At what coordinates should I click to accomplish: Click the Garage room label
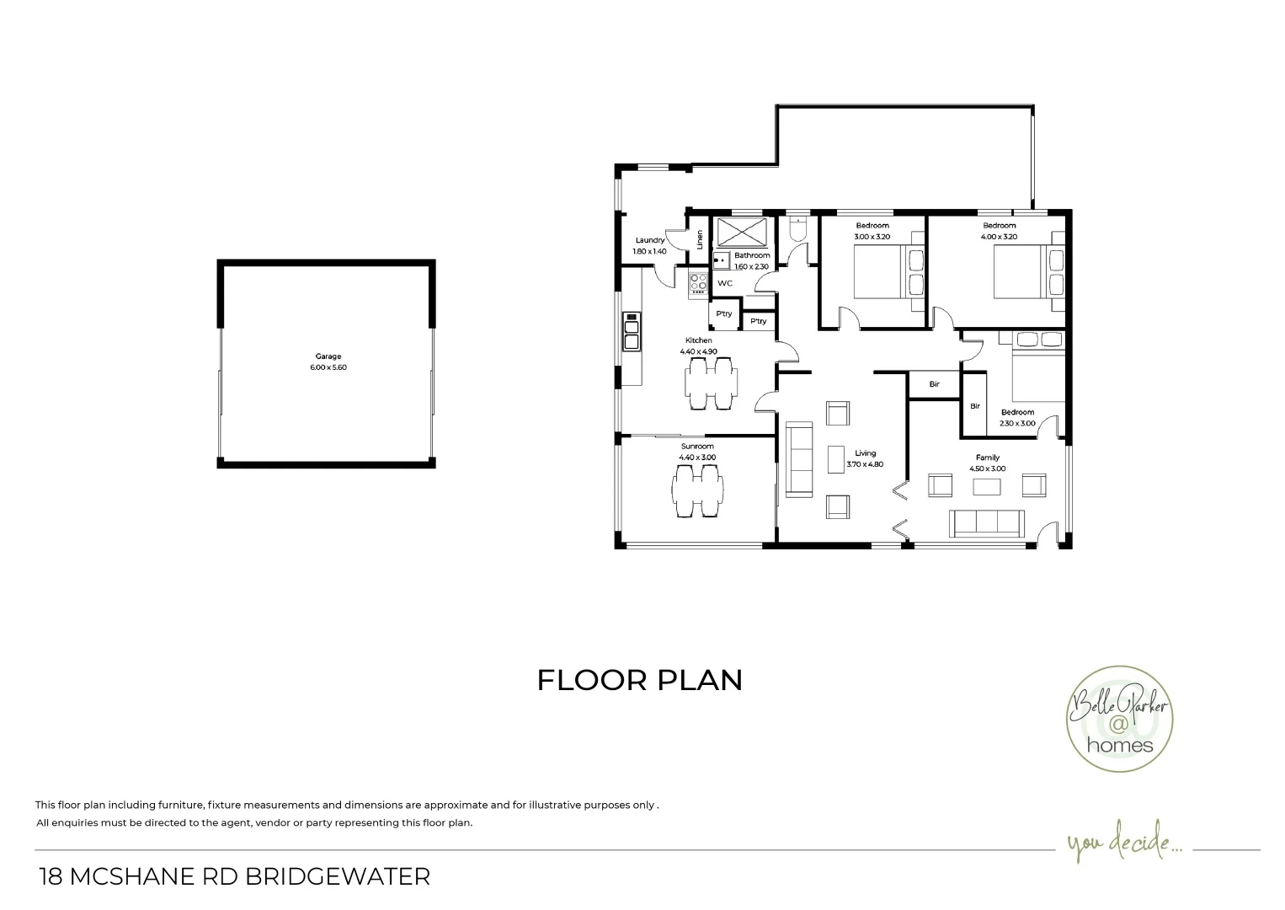(328, 356)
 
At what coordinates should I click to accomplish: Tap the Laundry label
(650, 240)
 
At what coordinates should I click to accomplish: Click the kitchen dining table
(710, 383)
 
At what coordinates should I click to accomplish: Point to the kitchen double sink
(631, 331)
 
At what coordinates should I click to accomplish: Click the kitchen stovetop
(698, 283)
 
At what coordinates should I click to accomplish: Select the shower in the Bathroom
(742, 231)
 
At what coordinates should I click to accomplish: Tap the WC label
(725, 283)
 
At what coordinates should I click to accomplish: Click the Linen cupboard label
(700, 239)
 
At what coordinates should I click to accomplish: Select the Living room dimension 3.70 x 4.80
(865, 464)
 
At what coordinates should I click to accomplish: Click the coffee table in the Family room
(987, 486)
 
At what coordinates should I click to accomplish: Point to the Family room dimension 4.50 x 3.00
(987, 468)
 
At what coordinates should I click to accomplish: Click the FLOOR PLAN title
(640, 680)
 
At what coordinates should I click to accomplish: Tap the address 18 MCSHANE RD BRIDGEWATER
(235, 876)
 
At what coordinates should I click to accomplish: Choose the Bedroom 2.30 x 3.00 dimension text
(1017, 424)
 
